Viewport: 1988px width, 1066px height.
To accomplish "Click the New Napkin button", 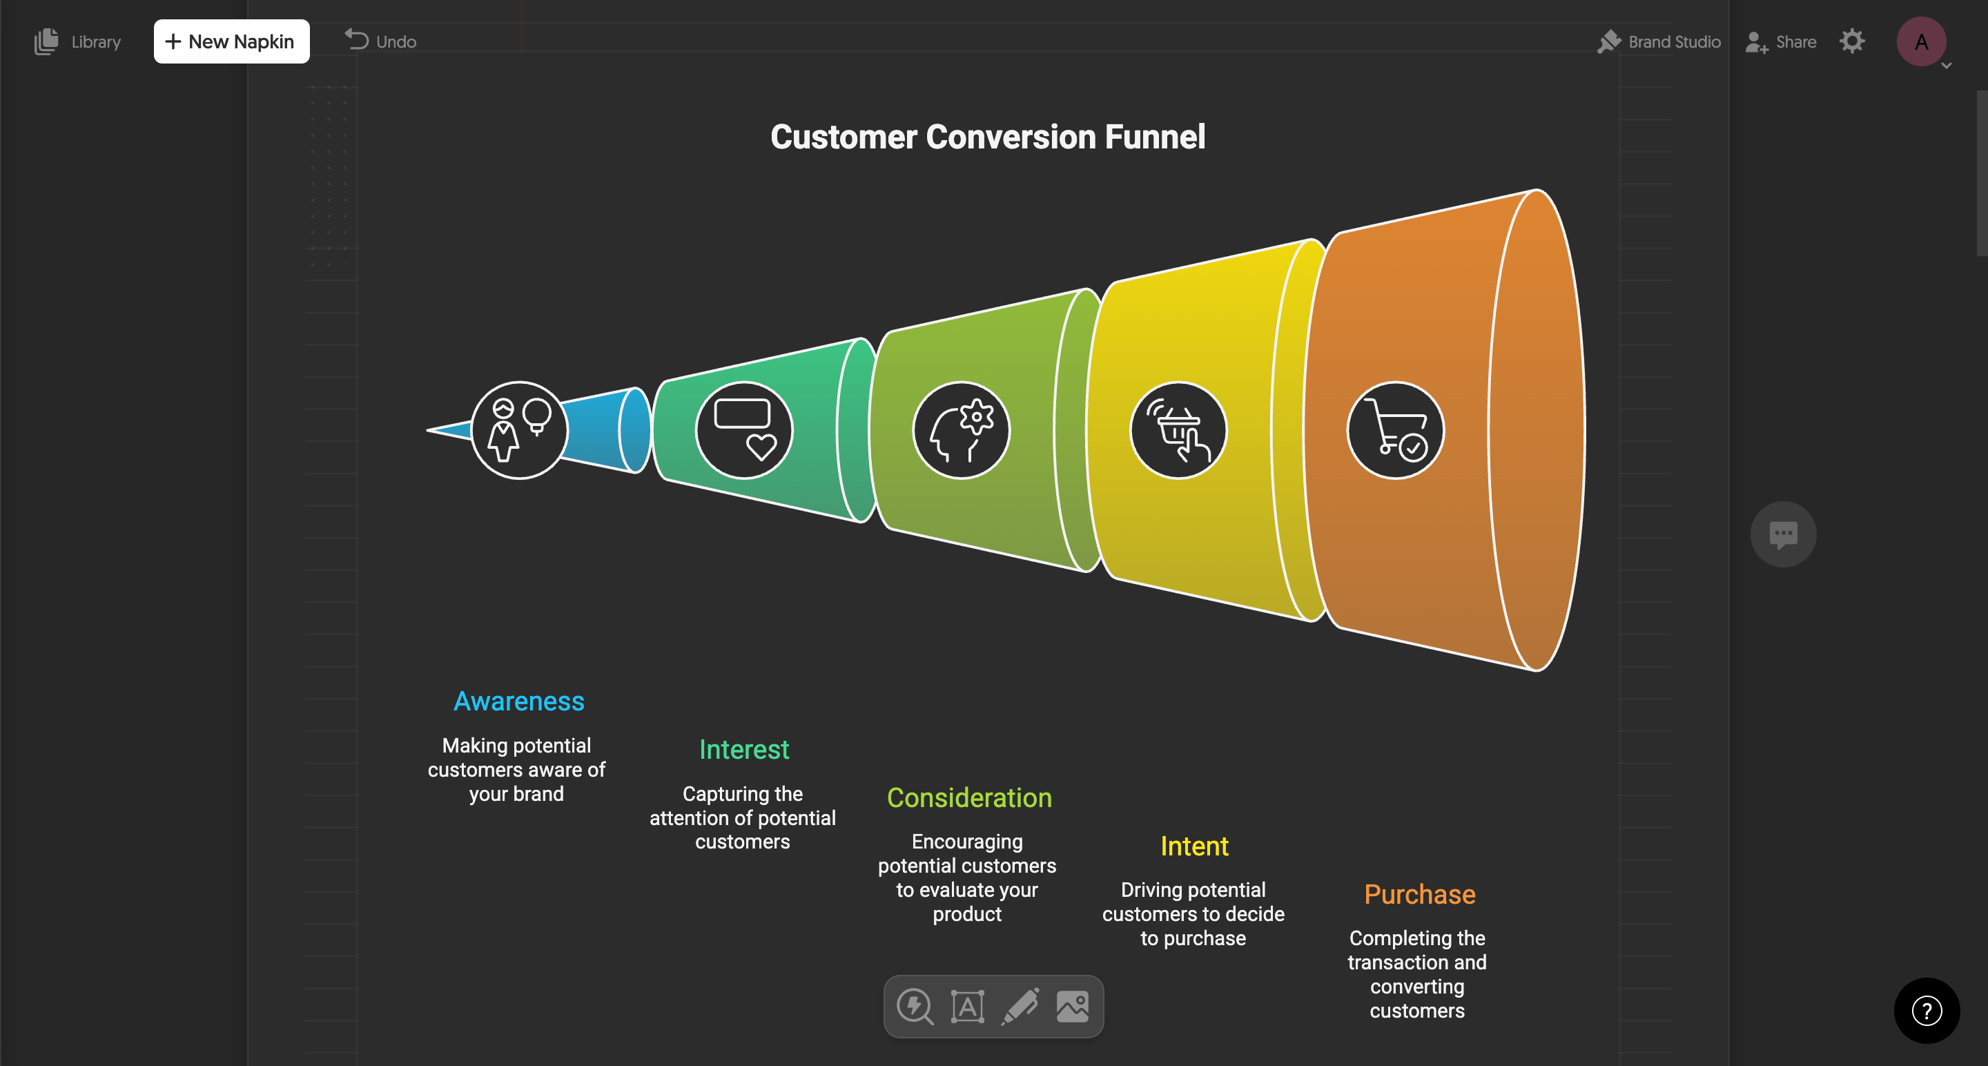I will pyautogui.click(x=231, y=41).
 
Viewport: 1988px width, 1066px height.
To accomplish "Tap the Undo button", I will pyautogui.click(x=380, y=41).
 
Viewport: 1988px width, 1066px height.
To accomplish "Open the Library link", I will pyautogui.click(x=78, y=41).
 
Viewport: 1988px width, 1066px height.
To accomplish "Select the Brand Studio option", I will pyautogui.click(x=1659, y=41).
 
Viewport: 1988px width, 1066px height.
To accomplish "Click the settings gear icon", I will pyautogui.click(x=1851, y=41).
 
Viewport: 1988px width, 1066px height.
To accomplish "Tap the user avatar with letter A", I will pyautogui.click(x=1920, y=41).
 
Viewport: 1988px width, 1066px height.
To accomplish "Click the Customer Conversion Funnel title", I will pyautogui.click(x=987, y=137).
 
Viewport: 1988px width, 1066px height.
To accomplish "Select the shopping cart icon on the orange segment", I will pyautogui.click(x=1394, y=430).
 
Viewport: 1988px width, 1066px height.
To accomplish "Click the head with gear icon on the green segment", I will pyautogui.click(x=961, y=430).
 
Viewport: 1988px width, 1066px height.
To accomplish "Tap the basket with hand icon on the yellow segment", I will pyautogui.click(x=1178, y=430).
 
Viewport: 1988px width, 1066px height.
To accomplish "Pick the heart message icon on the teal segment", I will pyautogui.click(x=744, y=430).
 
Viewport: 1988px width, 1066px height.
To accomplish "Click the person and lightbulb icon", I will pyautogui.click(x=518, y=430).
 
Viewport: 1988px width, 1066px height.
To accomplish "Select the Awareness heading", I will pyautogui.click(x=518, y=701).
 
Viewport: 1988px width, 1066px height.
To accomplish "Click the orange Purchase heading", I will pyautogui.click(x=1419, y=894).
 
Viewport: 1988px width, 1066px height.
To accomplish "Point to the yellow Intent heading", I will pyautogui.click(x=1194, y=846).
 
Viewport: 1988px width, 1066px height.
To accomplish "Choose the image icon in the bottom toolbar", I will pyautogui.click(x=1072, y=1007).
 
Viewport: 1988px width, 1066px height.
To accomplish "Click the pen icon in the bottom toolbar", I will pyautogui.click(x=1020, y=1007).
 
